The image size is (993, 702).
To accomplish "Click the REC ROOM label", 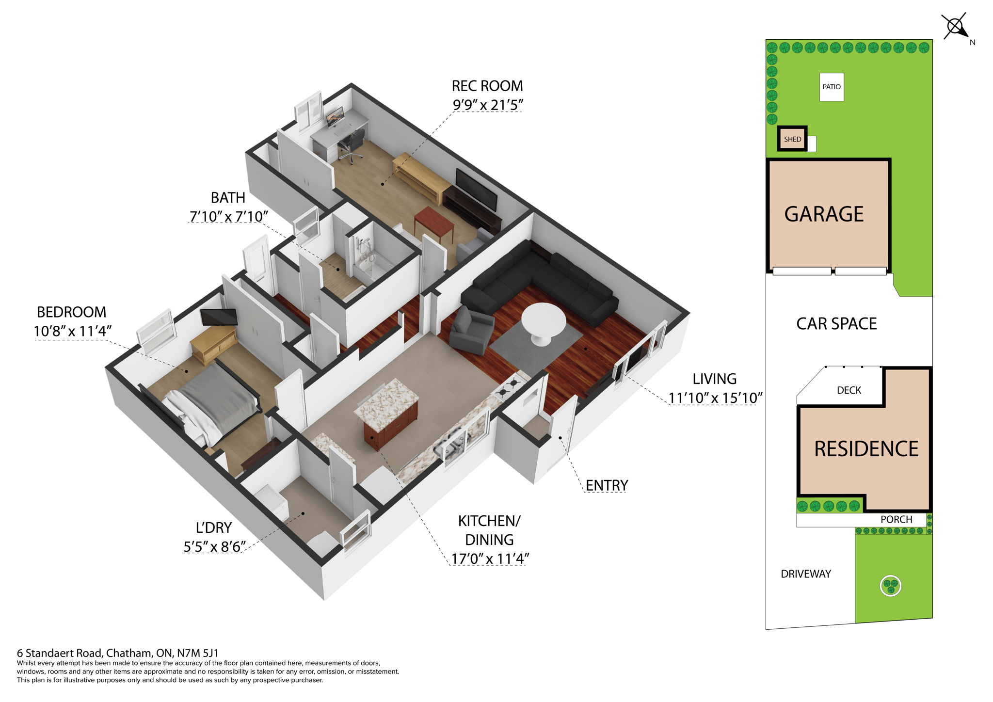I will point(487,86).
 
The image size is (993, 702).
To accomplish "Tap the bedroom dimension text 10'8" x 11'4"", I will point(73,331).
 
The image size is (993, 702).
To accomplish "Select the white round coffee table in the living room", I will point(543,322).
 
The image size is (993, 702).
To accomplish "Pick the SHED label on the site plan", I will point(792,139).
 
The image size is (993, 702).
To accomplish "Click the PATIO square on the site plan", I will point(831,87).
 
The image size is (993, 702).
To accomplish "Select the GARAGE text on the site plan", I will point(824,214).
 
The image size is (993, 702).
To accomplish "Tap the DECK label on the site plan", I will point(849,390).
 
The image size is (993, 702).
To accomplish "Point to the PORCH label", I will point(896,519).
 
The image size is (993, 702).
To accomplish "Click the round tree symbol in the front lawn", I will point(890,586).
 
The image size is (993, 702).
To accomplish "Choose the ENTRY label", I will point(607,485).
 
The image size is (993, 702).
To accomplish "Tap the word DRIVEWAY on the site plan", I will point(805,574).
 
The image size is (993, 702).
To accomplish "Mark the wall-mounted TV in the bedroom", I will point(219,316).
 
